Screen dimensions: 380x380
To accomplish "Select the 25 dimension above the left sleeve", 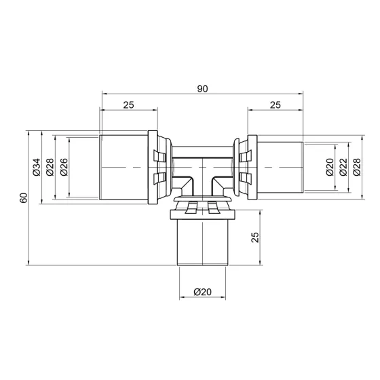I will [128, 104].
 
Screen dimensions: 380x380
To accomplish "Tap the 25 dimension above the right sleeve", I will [275, 104].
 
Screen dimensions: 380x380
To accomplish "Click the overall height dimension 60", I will [23, 197].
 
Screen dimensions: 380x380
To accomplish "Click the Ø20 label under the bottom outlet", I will [202, 292].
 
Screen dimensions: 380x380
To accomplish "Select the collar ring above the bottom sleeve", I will [202, 213].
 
